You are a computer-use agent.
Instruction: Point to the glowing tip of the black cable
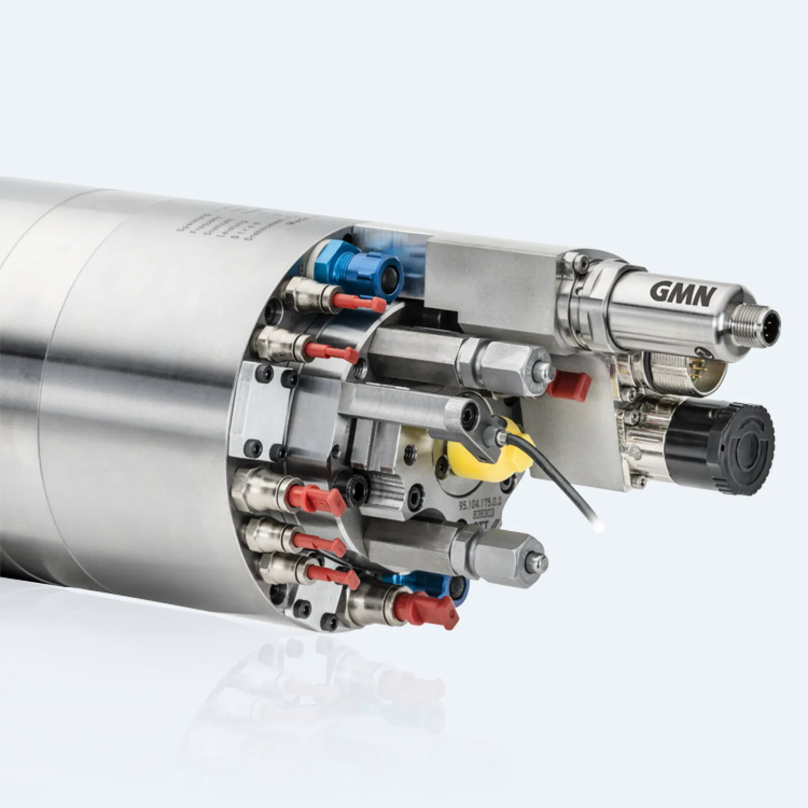[599, 527]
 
